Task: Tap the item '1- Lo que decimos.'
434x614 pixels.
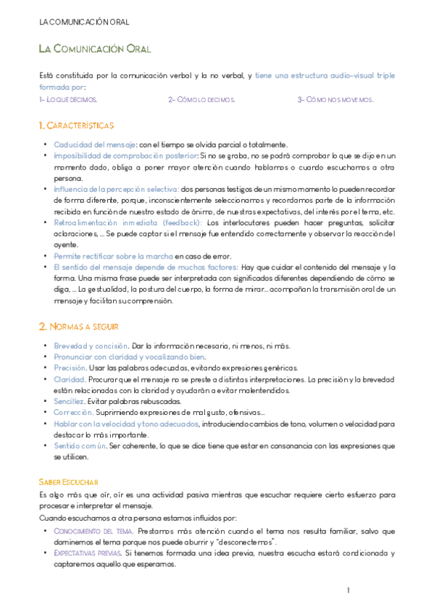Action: [x=68, y=99]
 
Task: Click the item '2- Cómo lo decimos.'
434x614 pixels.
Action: [x=201, y=99]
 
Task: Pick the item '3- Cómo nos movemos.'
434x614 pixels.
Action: [x=335, y=99]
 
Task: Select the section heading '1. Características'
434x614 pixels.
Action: [x=76, y=126]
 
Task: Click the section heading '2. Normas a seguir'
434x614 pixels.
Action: [x=79, y=327]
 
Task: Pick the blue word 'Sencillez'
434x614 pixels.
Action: [x=70, y=401]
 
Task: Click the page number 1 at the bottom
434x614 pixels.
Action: [x=349, y=591]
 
